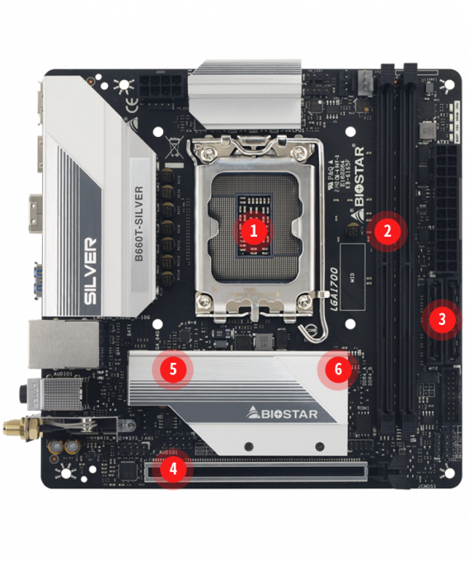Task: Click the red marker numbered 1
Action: (x=254, y=230)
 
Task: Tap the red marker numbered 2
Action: (x=386, y=230)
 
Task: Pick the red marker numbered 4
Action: (x=171, y=470)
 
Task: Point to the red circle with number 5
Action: (x=172, y=368)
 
